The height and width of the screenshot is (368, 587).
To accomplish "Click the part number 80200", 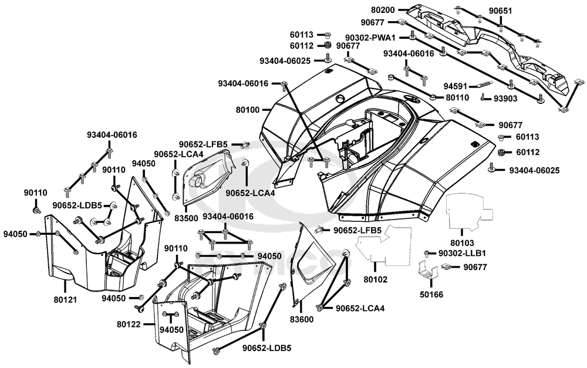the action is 383,10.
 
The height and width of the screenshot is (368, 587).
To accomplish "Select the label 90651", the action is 501,11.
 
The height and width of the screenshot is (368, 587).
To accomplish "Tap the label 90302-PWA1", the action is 370,38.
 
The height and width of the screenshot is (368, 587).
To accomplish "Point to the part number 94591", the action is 456,86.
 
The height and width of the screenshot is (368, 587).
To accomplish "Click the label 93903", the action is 505,99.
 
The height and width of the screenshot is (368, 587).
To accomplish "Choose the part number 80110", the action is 457,97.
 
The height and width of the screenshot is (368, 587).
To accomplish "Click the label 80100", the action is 248,110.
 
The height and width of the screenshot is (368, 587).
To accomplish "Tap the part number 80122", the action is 129,324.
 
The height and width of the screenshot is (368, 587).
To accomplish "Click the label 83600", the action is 302,319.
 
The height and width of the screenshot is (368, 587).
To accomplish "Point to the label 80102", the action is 376,279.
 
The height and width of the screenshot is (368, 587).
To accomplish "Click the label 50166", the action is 431,294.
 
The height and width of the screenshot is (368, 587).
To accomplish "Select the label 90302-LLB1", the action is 462,254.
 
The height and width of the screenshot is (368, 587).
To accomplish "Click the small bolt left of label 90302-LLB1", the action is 426,254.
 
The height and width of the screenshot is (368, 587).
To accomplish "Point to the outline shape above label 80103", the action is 468,211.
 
